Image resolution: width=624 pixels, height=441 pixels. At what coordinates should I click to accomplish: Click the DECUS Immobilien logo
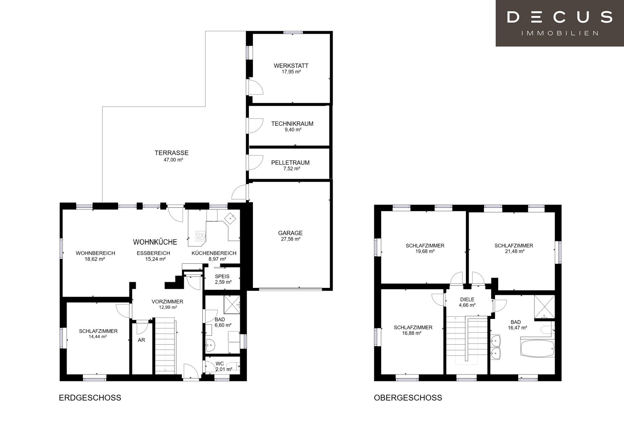point(559,23)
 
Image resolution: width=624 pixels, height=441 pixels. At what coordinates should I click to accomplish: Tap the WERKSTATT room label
point(291,66)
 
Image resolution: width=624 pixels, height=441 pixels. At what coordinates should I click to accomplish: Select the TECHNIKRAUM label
point(292,124)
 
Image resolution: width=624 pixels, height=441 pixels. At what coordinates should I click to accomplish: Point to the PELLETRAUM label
point(290,163)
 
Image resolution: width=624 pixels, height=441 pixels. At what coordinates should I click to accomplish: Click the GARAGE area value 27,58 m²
point(291,239)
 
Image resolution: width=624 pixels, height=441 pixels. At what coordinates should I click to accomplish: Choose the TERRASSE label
point(172,153)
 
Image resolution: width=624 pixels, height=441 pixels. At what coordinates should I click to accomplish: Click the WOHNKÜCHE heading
point(155,242)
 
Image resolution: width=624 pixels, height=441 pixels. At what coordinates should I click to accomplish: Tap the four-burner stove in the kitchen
point(200,236)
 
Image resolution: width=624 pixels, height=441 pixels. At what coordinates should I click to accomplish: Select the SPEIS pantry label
point(222,276)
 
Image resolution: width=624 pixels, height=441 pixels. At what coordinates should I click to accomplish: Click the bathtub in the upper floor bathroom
point(537,347)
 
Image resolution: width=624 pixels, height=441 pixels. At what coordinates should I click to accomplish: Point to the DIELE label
point(467,300)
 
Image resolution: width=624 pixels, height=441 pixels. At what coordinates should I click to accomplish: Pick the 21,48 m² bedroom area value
point(515,252)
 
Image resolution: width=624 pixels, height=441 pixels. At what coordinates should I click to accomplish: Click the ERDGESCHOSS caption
point(90,398)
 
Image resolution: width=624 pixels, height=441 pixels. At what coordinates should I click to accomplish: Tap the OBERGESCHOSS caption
point(408,398)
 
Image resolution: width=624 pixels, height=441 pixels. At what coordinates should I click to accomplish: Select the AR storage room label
point(141,340)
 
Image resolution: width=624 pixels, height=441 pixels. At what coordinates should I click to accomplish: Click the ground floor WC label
point(219,364)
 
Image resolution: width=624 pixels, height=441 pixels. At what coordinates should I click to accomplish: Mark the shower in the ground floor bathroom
point(232,305)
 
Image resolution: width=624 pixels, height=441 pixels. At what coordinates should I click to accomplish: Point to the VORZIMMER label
point(168,302)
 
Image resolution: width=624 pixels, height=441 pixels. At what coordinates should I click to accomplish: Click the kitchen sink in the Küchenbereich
point(230,218)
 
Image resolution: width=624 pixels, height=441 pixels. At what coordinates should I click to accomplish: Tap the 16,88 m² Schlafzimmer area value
point(411,333)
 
